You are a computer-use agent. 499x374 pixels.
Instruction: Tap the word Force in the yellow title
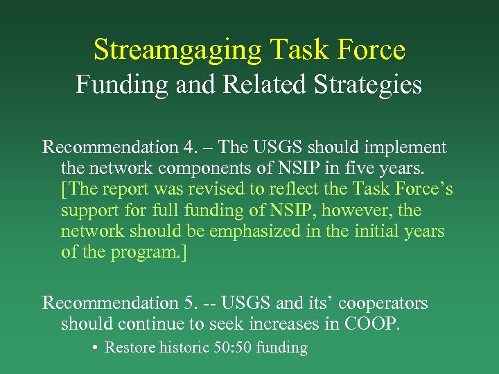point(371,50)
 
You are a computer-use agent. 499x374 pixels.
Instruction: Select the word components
point(190,168)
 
